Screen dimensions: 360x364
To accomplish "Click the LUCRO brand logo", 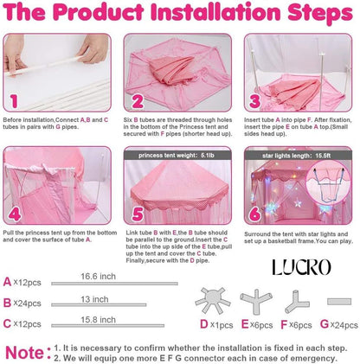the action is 302,267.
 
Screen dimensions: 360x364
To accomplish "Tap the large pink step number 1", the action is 14,101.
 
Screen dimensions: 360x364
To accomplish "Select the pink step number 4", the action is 15,214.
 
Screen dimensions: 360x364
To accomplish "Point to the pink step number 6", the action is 255,214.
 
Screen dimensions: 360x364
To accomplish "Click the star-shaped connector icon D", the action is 213,300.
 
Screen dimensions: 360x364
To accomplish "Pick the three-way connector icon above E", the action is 256,302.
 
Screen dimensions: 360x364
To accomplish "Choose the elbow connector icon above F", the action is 297,302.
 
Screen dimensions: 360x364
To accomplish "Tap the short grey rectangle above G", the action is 339,302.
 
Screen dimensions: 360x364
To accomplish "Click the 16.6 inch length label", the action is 98,277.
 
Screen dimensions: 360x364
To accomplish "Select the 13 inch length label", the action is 94,299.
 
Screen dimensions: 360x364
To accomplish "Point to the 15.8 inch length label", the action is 98,320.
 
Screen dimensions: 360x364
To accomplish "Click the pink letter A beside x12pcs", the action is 7,282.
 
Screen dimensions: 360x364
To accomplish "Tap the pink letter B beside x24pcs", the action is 7,303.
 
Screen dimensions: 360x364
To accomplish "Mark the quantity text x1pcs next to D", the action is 222,325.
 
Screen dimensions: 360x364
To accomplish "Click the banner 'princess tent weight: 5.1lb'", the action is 177,156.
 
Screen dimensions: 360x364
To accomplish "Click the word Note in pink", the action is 24,353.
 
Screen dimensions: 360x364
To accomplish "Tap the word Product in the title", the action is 99,12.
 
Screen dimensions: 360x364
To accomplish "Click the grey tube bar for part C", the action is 108,326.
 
